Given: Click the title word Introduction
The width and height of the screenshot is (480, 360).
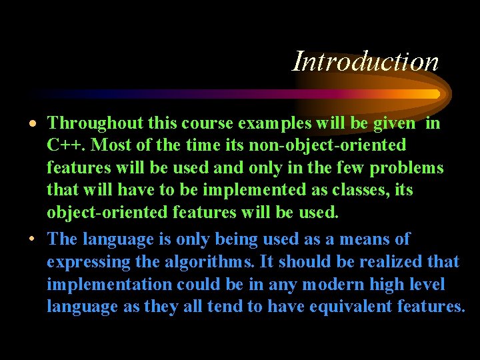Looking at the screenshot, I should point(366,62).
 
